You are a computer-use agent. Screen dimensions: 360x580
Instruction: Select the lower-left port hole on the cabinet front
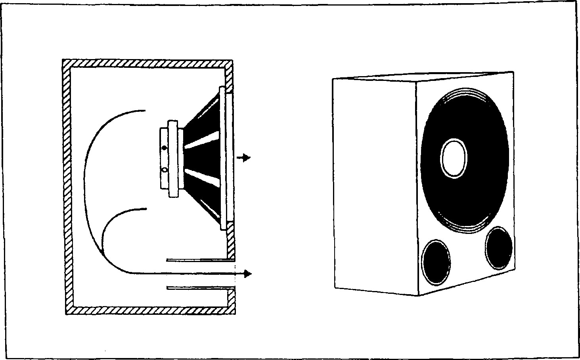click(436, 262)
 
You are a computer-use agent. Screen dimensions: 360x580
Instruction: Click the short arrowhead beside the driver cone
click(247, 158)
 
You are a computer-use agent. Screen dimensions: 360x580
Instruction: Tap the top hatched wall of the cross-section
click(147, 63)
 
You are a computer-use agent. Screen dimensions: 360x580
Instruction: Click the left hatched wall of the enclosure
click(67, 186)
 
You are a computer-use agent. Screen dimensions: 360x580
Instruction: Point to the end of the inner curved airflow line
click(146, 209)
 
